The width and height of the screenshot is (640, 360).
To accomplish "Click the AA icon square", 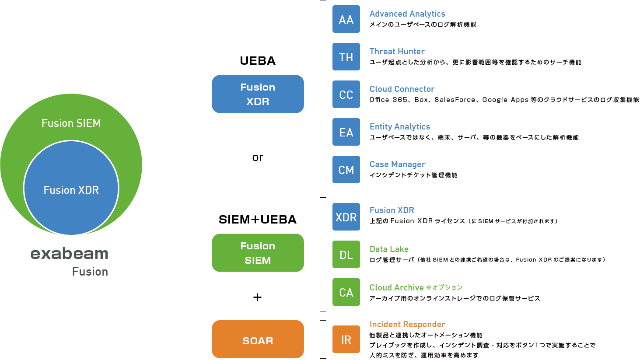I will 346,19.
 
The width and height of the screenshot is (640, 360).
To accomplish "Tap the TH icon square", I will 346,57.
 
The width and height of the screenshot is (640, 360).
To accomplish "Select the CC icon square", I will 346,94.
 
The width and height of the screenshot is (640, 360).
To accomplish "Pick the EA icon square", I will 346,132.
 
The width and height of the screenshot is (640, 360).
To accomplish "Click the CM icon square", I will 346,170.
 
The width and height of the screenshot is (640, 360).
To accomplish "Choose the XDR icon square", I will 346,217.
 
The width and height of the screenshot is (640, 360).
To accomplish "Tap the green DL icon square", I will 346,255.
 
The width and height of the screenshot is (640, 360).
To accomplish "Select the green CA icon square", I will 346,292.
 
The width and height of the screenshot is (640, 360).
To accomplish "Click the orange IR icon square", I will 346,339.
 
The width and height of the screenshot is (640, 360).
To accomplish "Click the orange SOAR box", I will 258,339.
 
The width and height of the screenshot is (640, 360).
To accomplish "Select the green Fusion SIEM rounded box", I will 258,253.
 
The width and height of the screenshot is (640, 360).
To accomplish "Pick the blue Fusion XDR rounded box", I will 258,94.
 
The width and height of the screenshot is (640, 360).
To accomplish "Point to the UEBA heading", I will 258,61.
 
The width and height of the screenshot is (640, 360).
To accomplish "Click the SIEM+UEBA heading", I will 258,220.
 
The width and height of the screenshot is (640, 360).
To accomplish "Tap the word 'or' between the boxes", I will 258,157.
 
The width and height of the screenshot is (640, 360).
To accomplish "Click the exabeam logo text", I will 70,254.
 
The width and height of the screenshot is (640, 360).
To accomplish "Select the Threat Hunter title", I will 397,52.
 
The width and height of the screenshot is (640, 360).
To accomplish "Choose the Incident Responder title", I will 407,325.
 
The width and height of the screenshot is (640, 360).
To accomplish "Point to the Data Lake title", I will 389,249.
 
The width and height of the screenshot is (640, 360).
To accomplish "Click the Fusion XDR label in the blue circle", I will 71,190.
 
